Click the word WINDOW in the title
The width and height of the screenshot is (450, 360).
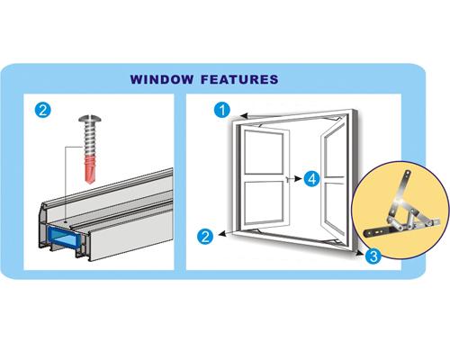[162, 79]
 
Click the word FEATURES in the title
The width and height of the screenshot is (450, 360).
[239, 79]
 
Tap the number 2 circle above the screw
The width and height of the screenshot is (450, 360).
[43, 110]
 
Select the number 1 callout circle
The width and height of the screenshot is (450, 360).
[222, 110]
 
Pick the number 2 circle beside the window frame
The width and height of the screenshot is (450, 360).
[205, 237]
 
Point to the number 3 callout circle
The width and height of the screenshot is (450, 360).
[373, 256]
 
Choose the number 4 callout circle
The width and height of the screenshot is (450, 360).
[312, 179]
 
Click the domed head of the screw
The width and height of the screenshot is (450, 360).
[90, 119]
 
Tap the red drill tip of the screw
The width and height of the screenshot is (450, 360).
[90, 168]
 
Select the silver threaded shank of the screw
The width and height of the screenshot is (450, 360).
[90, 139]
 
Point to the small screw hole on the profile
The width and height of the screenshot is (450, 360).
[65, 222]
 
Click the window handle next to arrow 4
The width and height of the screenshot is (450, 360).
[288, 179]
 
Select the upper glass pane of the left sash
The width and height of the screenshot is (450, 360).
[264, 152]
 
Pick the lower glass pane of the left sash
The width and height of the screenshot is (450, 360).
[264, 202]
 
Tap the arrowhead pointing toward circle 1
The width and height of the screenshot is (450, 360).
[244, 116]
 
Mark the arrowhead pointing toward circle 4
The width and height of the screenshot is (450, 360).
[298, 179]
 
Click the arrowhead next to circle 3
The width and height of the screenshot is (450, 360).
[359, 253]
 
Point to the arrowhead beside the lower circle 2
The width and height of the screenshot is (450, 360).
[221, 234]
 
